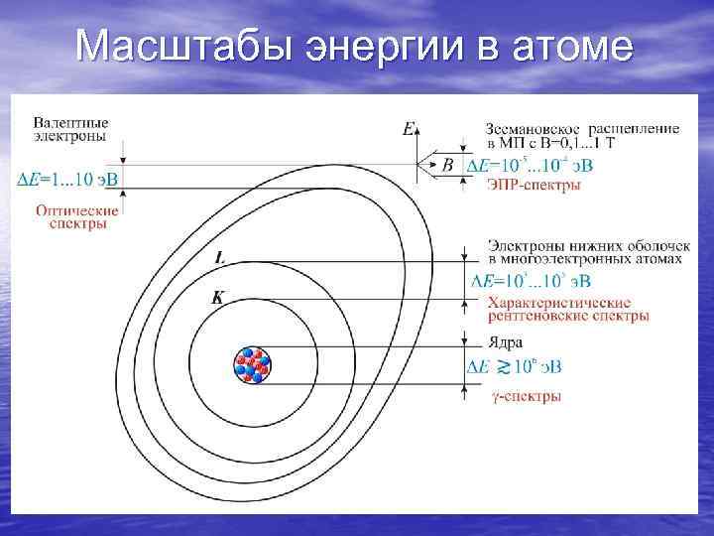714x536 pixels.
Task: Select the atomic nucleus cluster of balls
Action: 251,366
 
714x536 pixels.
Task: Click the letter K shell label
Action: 216,298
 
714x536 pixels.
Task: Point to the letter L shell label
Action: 218,257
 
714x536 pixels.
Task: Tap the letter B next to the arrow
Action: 447,164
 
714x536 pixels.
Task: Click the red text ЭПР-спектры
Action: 534,186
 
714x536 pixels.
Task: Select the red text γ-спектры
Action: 527,396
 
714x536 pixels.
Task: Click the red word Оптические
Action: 77,210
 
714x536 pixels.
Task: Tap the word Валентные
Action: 70,122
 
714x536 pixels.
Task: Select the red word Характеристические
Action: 558,302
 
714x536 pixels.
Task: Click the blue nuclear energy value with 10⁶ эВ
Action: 514,367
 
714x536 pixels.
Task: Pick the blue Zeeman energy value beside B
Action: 530,165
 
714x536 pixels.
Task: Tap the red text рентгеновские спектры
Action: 567,316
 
